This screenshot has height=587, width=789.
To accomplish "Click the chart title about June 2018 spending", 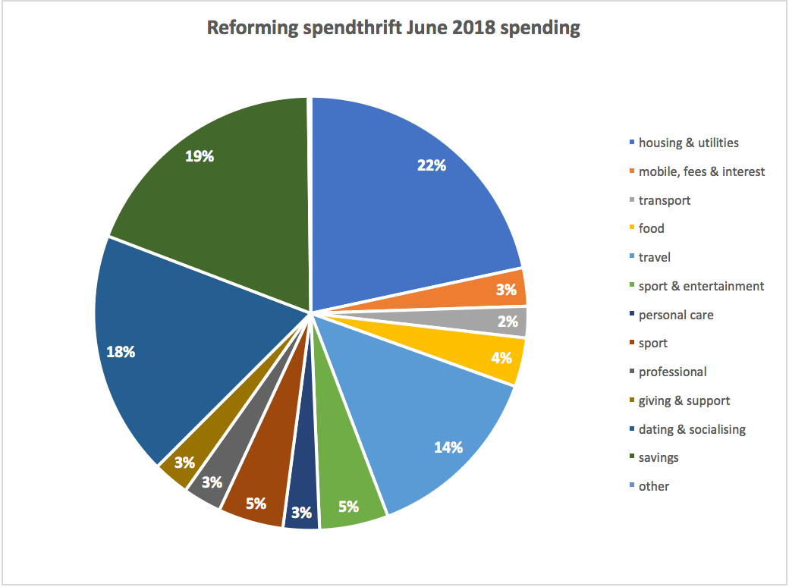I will [x=394, y=29].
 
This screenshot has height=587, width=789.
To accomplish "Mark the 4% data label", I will [x=501, y=357].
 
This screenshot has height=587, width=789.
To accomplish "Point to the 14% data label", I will [x=448, y=447].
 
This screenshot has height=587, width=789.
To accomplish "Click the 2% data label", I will [x=508, y=321].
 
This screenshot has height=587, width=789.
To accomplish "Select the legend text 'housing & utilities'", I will [x=688, y=143].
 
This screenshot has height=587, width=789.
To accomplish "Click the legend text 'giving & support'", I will [x=684, y=400].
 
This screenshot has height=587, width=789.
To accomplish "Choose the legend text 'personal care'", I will [x=676, y=315].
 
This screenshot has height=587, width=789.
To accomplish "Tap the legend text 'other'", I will [x=654, y=486].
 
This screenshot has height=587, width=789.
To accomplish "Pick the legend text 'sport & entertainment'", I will [x=701, y=286].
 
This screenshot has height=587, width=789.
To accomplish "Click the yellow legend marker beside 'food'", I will [x=631, y=228].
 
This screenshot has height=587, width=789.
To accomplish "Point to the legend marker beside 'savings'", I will [x=631, y=458].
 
